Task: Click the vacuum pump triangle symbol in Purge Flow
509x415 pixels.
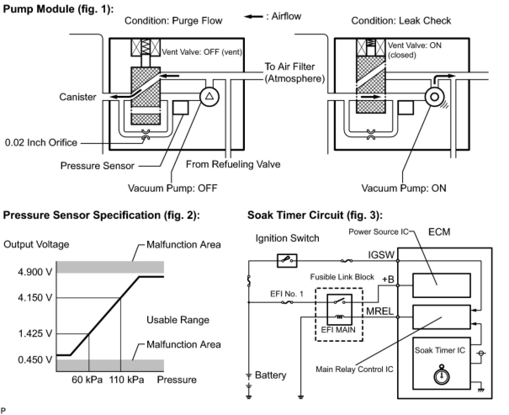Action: click(209, 96)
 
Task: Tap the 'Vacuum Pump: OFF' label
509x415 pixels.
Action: click(172, 188)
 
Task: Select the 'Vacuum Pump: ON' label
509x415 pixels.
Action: click(404, 188)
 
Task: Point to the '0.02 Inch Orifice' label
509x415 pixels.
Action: click(41, 142)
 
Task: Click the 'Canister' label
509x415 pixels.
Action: click(77, 97)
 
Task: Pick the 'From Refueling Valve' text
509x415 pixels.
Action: click(233, 164)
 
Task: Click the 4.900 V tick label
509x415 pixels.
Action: click(35, 271)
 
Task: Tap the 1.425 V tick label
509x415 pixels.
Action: click(35, 334)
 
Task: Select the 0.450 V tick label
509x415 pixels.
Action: click(35, 360)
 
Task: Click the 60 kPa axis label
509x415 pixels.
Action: click(87, 380)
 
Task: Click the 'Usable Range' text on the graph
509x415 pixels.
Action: click(178, 320)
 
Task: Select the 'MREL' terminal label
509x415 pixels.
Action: click(380, 312)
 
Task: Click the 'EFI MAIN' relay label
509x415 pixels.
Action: click(338, 330)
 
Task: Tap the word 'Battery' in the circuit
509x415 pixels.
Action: click(270, 375)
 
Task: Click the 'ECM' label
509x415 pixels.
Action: click(439, 232)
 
